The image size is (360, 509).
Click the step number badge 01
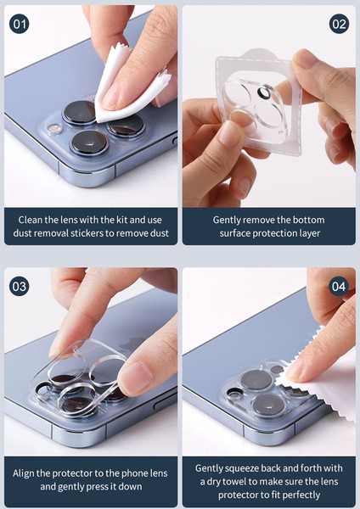tap(20, 23)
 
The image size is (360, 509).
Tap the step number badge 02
tap(340, 23)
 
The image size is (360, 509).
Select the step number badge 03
tap(20, 286)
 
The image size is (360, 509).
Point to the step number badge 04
tap(340, 286)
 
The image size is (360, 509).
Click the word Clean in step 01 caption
tap(31, 220)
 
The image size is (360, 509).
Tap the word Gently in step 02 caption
tap(229, 220)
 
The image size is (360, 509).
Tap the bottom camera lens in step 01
tap(88, 142)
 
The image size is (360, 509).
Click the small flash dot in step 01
tap(55, 129)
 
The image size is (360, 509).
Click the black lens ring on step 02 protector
tap(266, 92)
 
